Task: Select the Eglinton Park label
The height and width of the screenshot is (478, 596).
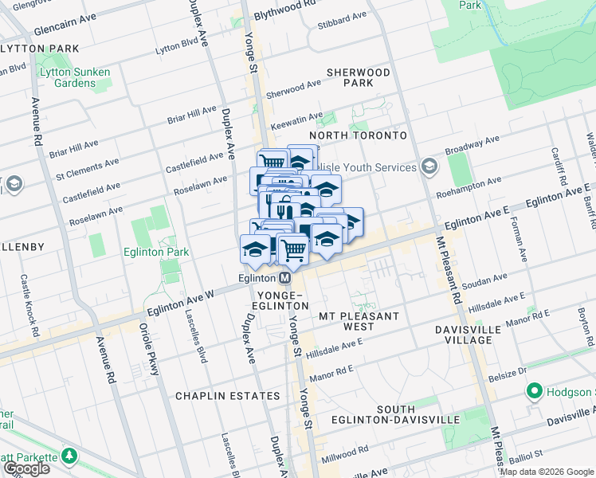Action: coord(157,252)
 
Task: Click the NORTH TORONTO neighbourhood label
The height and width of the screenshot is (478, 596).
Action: coord(358,135)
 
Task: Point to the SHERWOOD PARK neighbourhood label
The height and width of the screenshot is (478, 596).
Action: coord(359,77)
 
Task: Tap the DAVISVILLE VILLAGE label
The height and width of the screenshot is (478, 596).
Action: coord(475,335)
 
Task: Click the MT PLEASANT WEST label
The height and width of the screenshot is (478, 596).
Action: coord(358,321)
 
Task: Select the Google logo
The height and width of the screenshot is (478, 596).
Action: coord(25,468)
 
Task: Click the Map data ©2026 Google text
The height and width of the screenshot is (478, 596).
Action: coord(547,472)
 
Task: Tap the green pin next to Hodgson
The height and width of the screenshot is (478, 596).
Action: coord(533,392)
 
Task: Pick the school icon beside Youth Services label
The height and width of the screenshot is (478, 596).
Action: coord(429,167)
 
